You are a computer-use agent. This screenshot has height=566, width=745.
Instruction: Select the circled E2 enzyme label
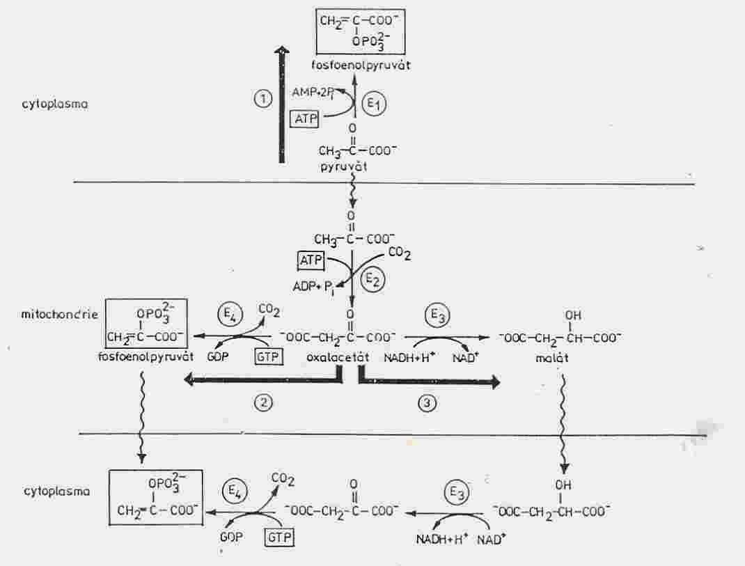point(372,281)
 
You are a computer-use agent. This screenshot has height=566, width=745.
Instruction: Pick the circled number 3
point(427,404)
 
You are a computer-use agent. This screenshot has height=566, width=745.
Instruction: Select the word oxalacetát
point(338,357)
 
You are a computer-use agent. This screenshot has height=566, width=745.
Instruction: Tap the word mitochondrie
point(60,314)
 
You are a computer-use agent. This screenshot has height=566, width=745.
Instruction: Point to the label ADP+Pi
point(314,288)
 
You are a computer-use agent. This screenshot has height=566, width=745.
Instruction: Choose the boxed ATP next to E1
point(305,118)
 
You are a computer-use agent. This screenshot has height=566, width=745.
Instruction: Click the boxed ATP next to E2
point(311,260)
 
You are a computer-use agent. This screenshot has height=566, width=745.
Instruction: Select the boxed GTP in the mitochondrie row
point(269,356)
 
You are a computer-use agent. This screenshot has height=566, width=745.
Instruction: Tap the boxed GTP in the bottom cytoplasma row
point(279,537)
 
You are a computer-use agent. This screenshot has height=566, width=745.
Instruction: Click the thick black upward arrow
point(282,104)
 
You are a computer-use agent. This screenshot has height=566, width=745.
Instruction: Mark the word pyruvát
point(344,167)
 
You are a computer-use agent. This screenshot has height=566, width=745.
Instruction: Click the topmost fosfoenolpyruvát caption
point(361,65)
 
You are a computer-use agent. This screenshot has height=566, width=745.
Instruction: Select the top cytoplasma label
point(55,104)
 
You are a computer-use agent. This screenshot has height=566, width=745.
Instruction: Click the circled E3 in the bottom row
point(456,494)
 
